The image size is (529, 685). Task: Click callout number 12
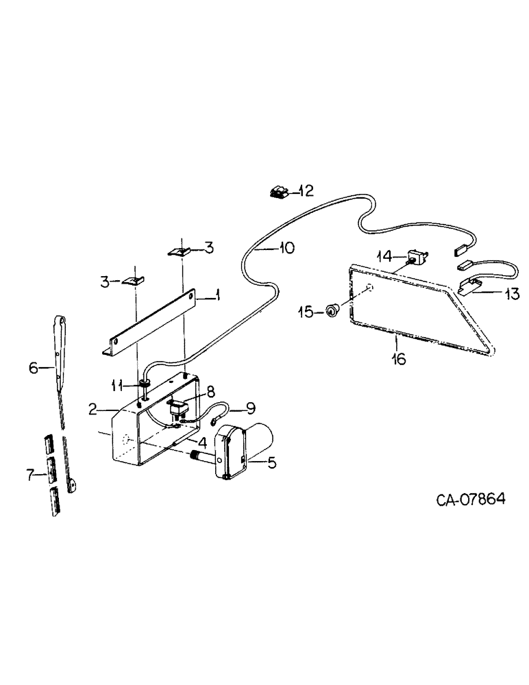pyautogui.click(x=304, y=190)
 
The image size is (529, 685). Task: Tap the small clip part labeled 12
pyautogui.click(x=278, y=192)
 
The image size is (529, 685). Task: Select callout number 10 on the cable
pyautogui.click(x=286, y=248)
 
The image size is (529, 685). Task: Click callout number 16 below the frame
pyautogui.click(x=398, y=358)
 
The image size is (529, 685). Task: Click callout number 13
pyautogui.click(x=512, y=294)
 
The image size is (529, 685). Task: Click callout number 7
pyautogui.click(x=30, y=475)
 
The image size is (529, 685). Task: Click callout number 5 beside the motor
pyautogui.click(x=271, y=463)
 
